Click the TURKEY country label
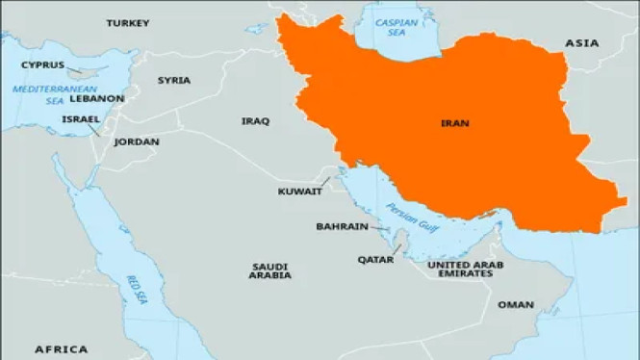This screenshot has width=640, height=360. click(x=130, y=22)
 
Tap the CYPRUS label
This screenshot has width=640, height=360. click(x=43, y=65)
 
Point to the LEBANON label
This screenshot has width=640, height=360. click(x=96, y=98)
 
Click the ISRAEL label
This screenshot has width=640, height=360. click(x=80, y=119)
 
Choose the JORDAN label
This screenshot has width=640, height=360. click(x=136, y=141)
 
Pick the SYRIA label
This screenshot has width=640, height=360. click(x=174, y=80)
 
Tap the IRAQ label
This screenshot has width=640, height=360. click(x=255, y=121)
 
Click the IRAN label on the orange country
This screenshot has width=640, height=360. click(x=454, y=123)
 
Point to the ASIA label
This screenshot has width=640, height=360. click(x=581, y=43)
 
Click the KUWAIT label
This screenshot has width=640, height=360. click(x=299, y=192)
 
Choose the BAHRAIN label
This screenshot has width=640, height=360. click(x=342, y=227)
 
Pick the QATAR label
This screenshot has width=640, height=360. click(x=375, y=259)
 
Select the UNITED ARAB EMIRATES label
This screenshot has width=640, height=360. click(x=460, y=269)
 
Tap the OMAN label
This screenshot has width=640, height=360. click(x=515, y=305)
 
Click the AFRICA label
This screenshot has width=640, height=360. click(x=61, y=348)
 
